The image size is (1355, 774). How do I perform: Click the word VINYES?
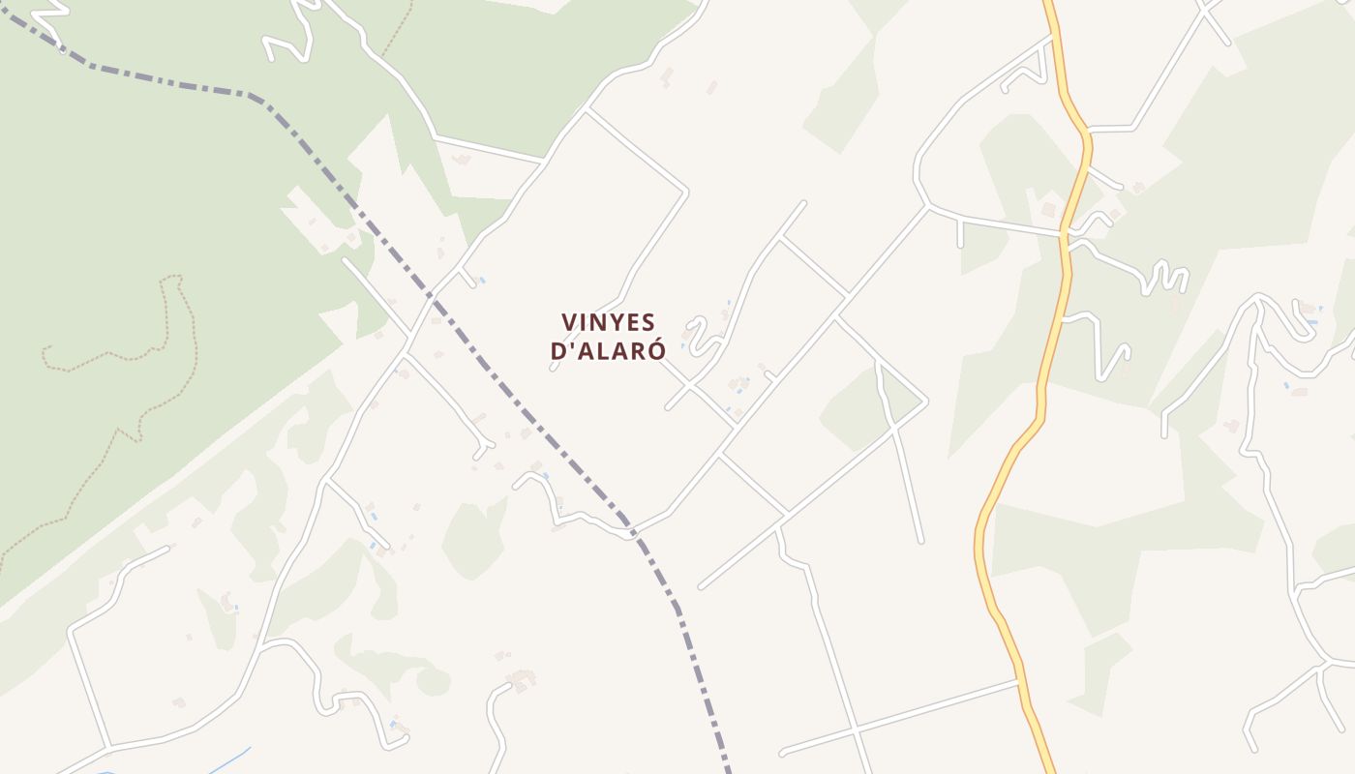coord(608,322)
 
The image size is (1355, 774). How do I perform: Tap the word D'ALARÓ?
coord(608,351)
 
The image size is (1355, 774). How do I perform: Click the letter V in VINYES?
coord(569,322)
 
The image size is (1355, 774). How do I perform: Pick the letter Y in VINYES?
coord(613,322)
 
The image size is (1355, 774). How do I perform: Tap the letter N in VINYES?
coord(596,322)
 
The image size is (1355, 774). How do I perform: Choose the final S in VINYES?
coord(647,322)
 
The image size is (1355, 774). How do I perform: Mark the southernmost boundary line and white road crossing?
coord(630,532)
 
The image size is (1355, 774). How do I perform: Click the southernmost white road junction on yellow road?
coord(1019,681)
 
